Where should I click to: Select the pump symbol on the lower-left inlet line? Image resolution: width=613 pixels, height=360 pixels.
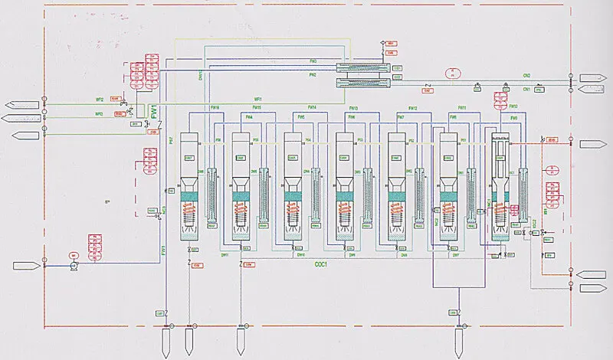pos(74,264)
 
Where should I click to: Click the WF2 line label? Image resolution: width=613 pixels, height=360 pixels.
pos(99,100)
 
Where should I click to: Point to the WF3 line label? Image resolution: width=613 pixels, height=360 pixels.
pos(99,114)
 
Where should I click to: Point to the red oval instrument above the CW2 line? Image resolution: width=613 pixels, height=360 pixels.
pos(452,74)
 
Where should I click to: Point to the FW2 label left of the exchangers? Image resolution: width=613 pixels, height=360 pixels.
pos(313,75)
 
